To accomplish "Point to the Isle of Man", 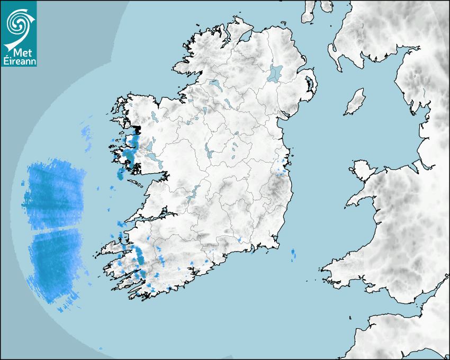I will tap(355, 102).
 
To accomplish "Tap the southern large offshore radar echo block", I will tap(56, 262).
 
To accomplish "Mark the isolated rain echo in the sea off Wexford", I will tap(294, 255).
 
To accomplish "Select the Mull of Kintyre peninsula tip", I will tap(305, 20).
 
